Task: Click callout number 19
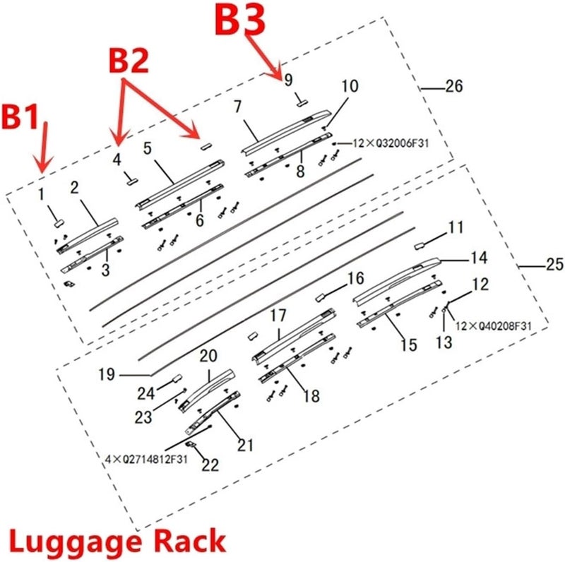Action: (x=106, y=374)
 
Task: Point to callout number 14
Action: (x=479, y=258)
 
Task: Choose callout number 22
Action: (x=209, y=465)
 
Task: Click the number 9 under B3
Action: (x=288, y=80)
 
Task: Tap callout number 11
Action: (x=456, y=227)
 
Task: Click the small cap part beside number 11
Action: (x=418, y=244)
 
